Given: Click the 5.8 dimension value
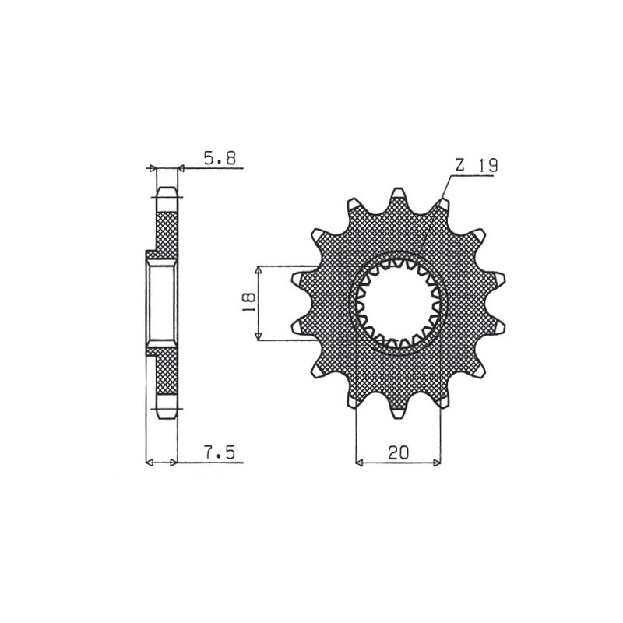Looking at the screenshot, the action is click(220, 158).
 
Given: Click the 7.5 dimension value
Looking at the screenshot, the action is click(220, 452).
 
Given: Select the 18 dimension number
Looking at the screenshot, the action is click(249, 302).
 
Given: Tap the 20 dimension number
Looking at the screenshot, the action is click(398, 452).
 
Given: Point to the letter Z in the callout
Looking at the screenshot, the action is click(459, 165).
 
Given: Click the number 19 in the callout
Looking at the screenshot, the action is click(487, 165).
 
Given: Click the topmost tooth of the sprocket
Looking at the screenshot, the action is click(398, 195).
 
